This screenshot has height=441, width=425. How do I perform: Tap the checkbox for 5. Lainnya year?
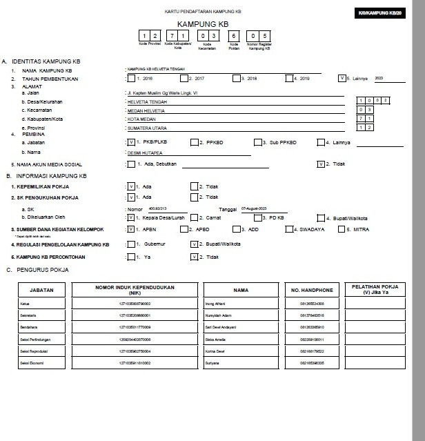[342, 78]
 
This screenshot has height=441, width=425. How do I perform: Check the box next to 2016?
[130, 78]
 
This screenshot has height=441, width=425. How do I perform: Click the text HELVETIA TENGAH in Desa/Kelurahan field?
[148, 101]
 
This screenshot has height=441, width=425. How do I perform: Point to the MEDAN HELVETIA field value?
[146, 110]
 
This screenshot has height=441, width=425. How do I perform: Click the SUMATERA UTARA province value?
[148, 128]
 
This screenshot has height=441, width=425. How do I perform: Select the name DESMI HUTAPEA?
[145, 152]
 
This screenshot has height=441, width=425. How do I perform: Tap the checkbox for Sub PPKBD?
[258, 142]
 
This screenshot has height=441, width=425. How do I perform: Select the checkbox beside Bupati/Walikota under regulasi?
[194, 244]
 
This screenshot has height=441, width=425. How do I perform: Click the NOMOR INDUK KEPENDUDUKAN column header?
[135, 289]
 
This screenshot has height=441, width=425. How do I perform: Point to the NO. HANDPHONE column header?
[312, 290]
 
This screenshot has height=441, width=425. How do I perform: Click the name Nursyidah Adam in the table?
[217, 315]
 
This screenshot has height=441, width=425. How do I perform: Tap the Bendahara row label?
[29, 327]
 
